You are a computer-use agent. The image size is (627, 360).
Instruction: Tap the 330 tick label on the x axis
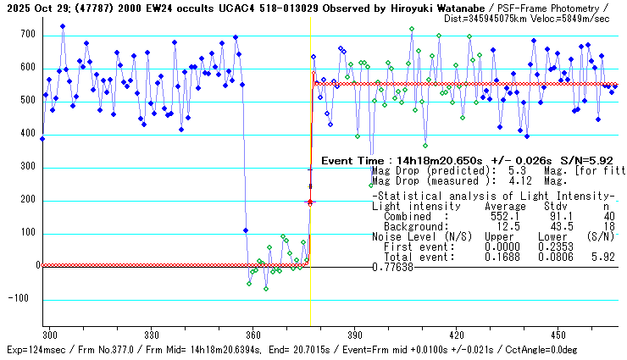153,335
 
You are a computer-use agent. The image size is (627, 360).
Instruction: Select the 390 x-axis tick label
355,335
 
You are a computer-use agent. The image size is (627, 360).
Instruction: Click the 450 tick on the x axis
558,335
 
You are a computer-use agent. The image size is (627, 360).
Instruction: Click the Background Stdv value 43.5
555,226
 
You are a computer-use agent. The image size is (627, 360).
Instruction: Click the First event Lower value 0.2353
555,246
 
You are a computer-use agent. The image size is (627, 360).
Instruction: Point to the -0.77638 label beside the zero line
392,268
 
